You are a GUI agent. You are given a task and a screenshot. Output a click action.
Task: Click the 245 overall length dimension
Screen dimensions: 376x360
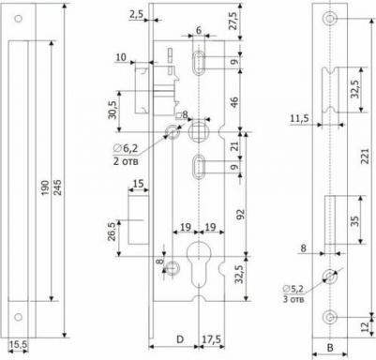57,187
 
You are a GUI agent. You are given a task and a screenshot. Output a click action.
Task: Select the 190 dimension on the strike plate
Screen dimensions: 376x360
45,187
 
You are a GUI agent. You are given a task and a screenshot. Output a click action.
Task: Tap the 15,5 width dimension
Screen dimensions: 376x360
18,345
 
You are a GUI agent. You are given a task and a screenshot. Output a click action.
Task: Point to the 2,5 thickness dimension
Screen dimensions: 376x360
136,14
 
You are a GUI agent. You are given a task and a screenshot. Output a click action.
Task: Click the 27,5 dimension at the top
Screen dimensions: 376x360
233,20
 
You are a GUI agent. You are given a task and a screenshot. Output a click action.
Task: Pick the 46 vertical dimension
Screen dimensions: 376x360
233,103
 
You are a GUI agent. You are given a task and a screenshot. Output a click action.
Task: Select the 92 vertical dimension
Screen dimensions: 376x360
240,213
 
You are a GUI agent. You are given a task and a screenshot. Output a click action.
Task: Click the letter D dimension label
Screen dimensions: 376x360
180,339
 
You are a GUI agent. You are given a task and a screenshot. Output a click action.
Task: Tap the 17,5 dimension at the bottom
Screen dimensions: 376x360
211,339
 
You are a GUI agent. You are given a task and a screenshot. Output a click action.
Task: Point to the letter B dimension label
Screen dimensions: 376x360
330,347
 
